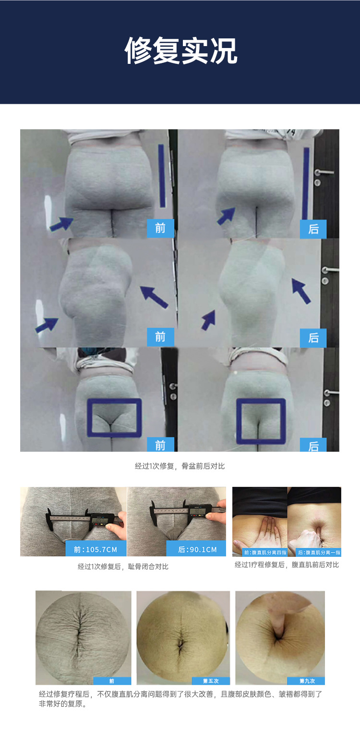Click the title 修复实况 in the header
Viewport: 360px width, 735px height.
[180, 50]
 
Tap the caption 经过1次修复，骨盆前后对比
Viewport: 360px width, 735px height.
[180, 466]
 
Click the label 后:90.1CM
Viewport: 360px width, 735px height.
[197, 549]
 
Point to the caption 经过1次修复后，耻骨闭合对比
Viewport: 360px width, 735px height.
[123, 566]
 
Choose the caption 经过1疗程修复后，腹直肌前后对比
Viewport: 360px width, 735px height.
[287, 565]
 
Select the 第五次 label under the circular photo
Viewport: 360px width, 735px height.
[211, 681]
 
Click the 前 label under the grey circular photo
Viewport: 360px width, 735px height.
[112, 681]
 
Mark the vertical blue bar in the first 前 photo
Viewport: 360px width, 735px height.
[162, 176]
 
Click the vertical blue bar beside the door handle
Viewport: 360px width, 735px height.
[306, 182]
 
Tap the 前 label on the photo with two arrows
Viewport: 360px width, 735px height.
[160, 337]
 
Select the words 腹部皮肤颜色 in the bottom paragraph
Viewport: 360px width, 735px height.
[248, 694]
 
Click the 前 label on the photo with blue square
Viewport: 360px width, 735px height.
[160, 445]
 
